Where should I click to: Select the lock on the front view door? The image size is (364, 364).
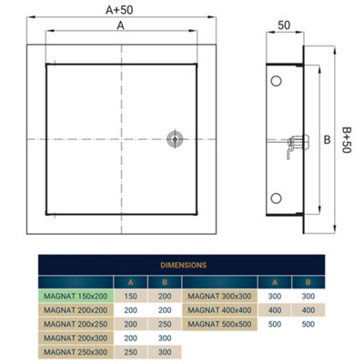174,138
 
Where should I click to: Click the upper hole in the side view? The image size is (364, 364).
276,82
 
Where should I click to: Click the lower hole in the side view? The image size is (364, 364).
276,197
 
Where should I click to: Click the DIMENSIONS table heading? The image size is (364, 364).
181,265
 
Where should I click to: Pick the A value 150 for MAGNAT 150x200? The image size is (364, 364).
131,295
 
